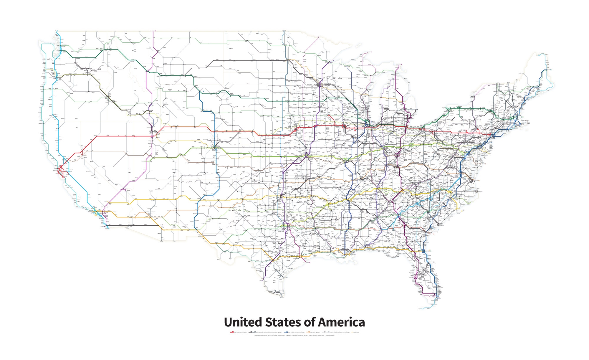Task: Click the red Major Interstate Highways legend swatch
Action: coord(231,332)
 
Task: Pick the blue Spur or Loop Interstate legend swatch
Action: coord(286,332)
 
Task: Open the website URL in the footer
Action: coord(330,335)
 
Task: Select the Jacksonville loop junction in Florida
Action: coord(423,251)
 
